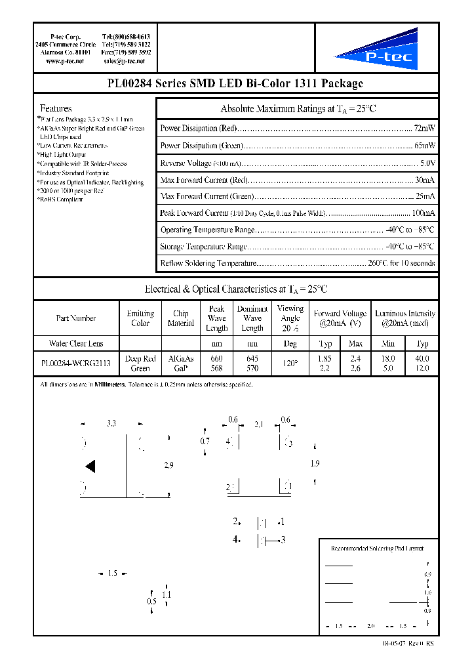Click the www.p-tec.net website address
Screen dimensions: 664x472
pos(65,61)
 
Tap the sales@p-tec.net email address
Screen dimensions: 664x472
pos(124,61)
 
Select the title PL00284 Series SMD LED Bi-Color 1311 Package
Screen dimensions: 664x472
pos(235,83)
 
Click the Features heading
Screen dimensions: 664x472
pos(56,108)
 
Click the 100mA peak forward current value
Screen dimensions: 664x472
pos(422,213)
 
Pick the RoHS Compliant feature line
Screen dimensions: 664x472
pos(60,199)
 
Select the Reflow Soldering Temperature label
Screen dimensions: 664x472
pos(208,263)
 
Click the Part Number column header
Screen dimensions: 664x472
pos(76,318)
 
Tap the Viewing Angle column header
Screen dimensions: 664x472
pos(290,318)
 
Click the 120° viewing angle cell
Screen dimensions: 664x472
pos(290,363)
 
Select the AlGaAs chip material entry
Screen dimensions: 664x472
pos(180,359)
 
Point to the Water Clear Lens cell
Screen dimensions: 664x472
pos(76,343)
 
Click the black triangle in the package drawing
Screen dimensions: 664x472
pos(90,467)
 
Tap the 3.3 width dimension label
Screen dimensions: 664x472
pos(111,425)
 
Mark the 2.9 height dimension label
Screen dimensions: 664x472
pos(168,465)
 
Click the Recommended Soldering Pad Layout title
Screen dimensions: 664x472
pos(377,549)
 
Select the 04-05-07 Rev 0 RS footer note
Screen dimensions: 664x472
pos(407,643)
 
